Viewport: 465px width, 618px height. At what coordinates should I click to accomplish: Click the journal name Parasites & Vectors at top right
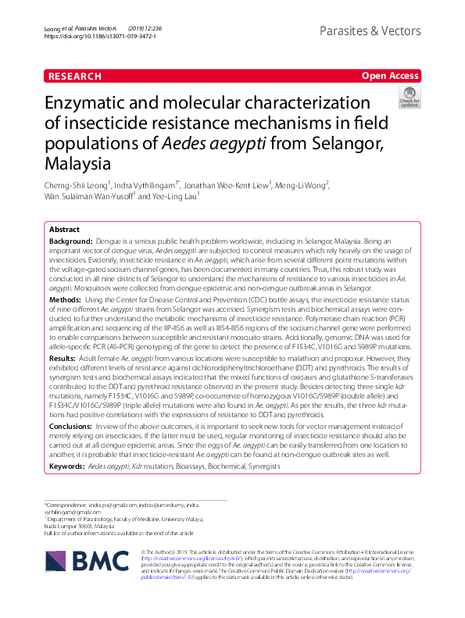coord(370,31)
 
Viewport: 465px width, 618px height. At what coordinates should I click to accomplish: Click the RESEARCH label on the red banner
coord(75,77)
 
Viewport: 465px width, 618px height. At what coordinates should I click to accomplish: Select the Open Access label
coord(390,77)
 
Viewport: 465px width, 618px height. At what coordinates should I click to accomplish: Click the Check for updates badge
coord(409,98)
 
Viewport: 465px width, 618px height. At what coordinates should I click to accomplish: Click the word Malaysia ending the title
coord(78,165)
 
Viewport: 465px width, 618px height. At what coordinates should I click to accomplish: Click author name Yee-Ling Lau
coord(171,197)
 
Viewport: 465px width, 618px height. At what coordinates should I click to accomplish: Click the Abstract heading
coord(64,230)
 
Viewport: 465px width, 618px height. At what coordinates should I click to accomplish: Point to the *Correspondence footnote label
coord(66,505)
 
